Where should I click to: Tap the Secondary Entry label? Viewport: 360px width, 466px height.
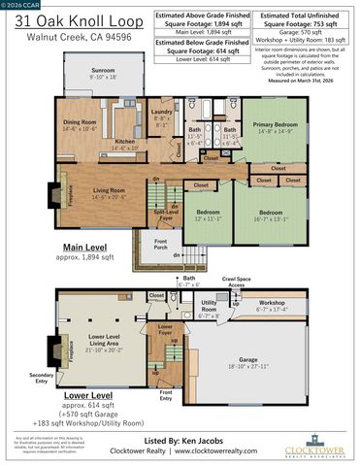(x=41, y=377)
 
